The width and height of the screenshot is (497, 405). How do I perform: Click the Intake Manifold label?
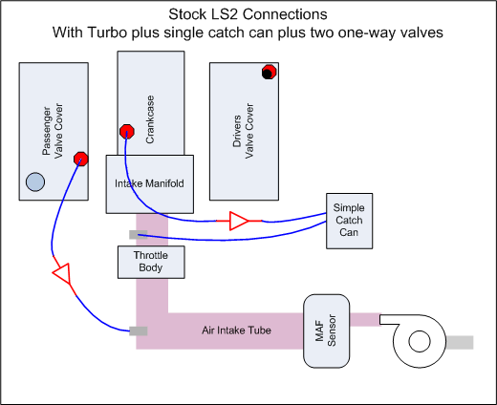pos(150,182)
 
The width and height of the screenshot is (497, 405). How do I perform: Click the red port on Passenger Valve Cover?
pos(81,159)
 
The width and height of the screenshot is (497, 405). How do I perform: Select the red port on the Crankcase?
pos(124,132)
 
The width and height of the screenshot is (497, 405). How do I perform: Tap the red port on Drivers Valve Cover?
pos(270,73)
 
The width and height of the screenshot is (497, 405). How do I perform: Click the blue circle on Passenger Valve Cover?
pos(34,182)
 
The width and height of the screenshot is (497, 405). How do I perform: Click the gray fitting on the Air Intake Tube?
pos(138,330)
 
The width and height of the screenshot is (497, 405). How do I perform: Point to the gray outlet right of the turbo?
pos(458,342)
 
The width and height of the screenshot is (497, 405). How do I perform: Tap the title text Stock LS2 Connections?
pos(248,15)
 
